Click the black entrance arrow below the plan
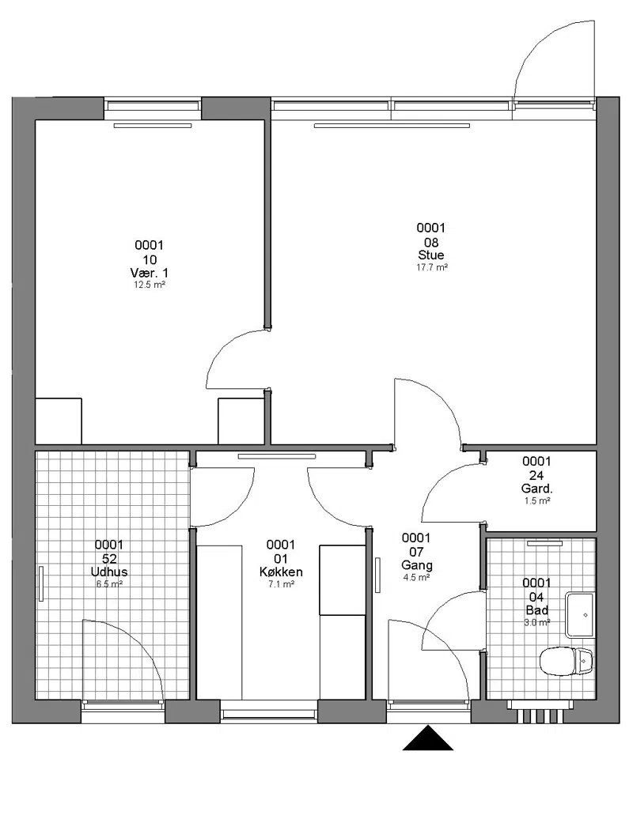(427, 738)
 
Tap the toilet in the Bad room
(567, 661)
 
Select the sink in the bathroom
(580, 615)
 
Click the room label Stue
(431, 255)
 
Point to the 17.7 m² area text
(432, 267)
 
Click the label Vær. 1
(149, 273)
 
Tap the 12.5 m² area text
(150, 285)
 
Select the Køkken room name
(281, 572)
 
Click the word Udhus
(109, 572)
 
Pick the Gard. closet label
(536, 489)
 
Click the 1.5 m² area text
(537, 501)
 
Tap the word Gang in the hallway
(417, 565)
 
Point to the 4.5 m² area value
(417, 578)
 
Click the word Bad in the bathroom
(536, 610)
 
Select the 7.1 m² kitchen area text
(281, 584)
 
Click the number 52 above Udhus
(109, 559)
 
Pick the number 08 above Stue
(431, 243)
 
